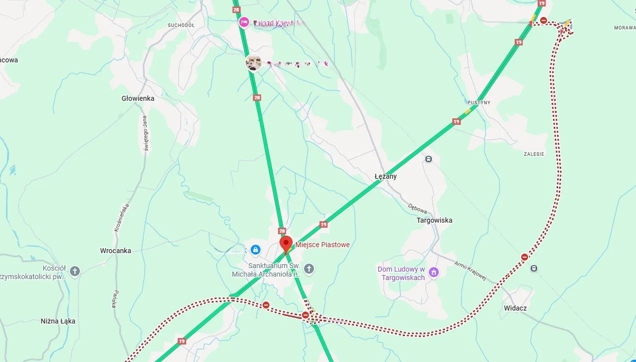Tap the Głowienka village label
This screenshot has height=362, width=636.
(138, 98)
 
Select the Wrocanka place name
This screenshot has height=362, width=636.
(115, 251)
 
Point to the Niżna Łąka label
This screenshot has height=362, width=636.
(58, 321)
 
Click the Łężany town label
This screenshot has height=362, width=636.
(385, 176)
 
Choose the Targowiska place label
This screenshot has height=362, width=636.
(434, 220)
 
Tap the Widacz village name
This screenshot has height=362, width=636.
(515, 308)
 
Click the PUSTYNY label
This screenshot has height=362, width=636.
(479, 102)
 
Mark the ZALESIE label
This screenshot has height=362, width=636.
(534, 154)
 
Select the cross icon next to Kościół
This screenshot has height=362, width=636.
(74, 272)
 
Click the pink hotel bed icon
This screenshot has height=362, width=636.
(244, 22)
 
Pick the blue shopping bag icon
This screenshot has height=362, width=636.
(255, 249)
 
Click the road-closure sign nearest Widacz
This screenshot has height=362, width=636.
(525, 257)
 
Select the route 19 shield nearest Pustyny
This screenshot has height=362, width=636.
(456, 121)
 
